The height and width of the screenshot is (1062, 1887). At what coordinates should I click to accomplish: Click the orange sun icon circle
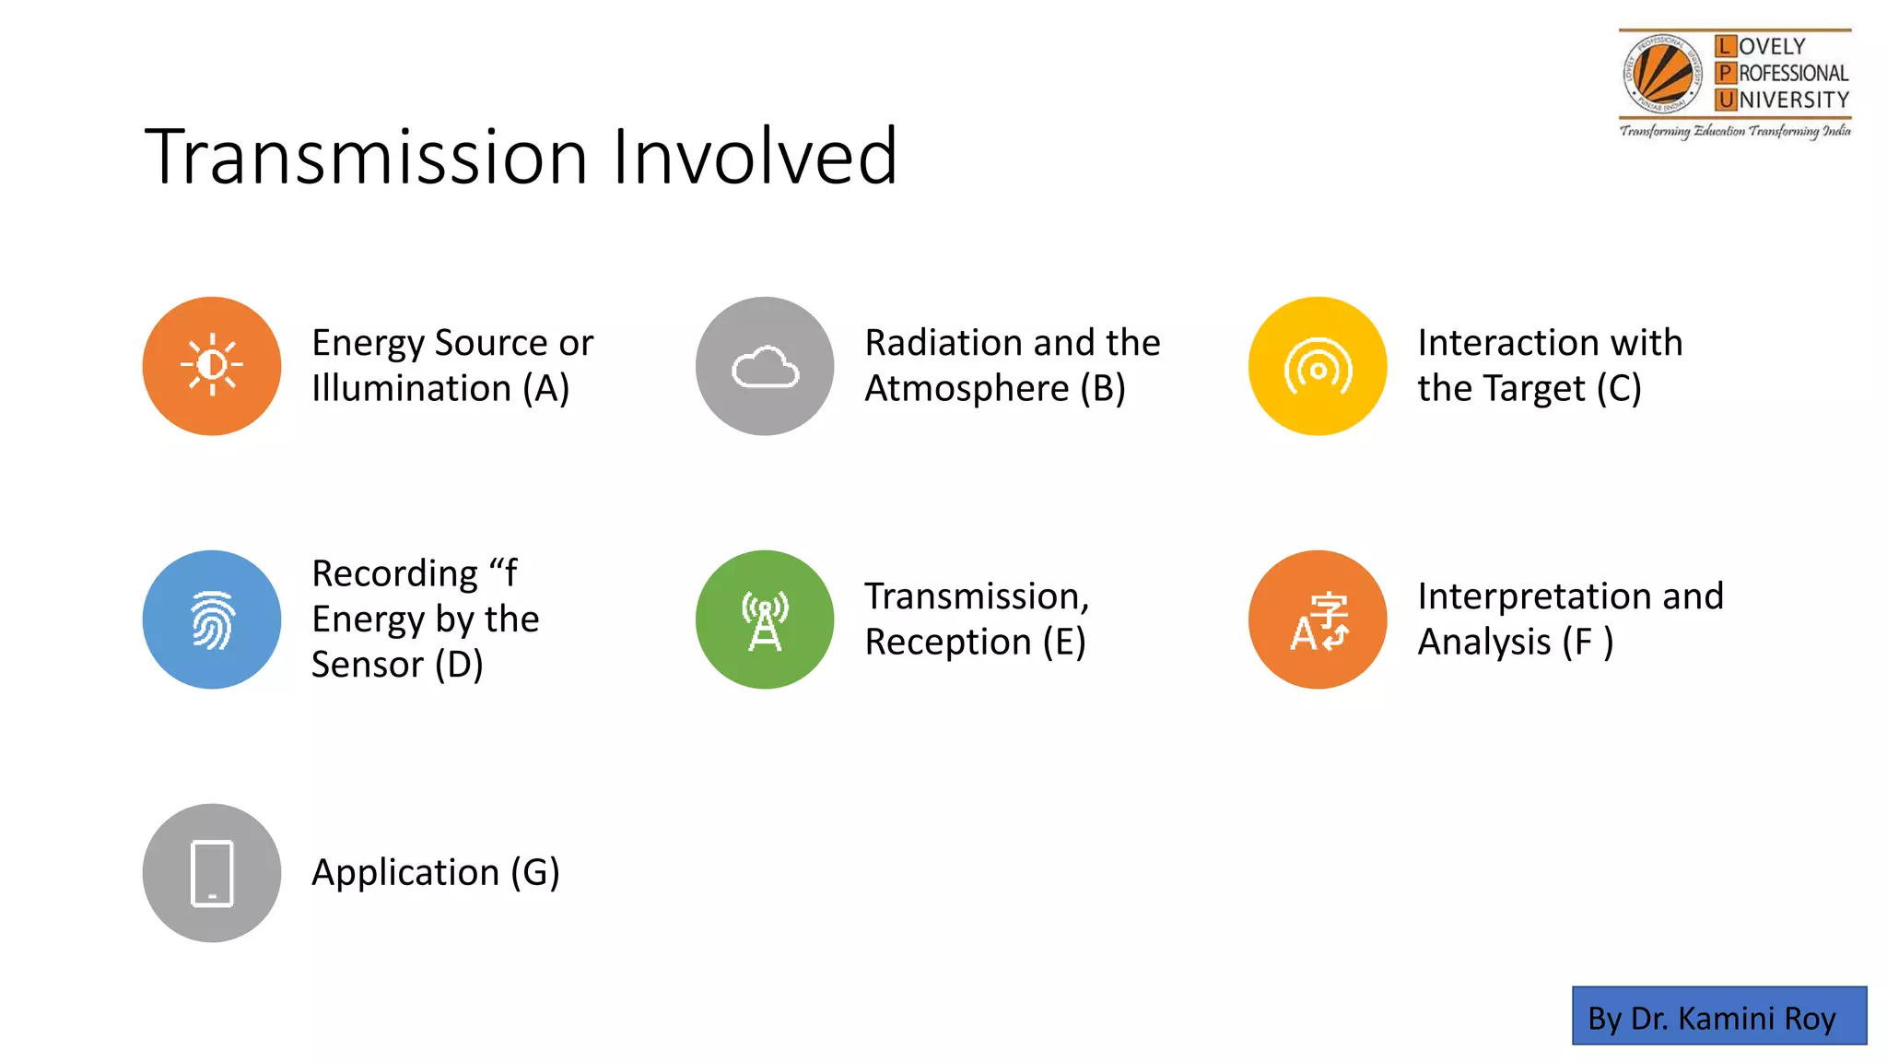[212, 366]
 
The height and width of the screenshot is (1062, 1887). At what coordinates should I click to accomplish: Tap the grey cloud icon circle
[765, 366]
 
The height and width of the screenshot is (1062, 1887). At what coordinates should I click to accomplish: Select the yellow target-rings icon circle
[1318, 366]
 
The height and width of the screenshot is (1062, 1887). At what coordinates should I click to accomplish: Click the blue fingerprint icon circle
[212, 619]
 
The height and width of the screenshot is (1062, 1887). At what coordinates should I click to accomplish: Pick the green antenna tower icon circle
[765, 619]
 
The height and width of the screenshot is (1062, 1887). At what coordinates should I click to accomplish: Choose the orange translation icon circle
[1318, 619]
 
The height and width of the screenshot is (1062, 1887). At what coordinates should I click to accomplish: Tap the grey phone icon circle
[212, 873]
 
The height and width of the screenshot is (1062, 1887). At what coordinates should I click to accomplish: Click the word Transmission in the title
[366, 157]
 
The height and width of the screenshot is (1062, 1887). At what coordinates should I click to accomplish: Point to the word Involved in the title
[755, 157]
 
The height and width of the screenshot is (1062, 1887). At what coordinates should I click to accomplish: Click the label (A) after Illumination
[546, 389]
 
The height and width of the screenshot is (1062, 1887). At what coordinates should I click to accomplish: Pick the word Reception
[948, 642]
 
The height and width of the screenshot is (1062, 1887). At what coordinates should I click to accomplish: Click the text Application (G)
[435, 872]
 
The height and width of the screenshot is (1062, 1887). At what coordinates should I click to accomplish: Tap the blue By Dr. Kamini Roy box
[1718, 1016]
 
